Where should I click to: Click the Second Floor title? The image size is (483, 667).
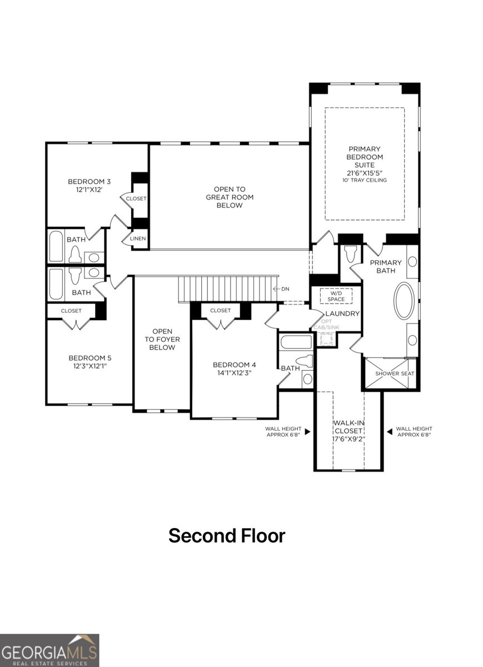tap(227, 536)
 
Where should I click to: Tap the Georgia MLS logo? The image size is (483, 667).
tap(49, 650)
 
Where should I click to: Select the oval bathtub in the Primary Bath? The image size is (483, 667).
tap(404, 301)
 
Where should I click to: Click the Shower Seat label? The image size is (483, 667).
tap(395, 374)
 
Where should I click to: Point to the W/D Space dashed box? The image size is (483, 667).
tap(336, 296)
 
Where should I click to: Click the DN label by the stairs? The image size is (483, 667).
tap(284, 288)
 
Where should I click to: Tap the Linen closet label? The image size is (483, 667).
tap(138, 238)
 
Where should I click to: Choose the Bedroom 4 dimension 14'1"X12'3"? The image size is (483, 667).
tap(234, 374)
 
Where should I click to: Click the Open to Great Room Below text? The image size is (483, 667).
tap(230, 197)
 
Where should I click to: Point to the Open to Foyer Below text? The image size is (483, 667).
tap(162, 339)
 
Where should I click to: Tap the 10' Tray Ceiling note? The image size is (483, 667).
tap(365, 180)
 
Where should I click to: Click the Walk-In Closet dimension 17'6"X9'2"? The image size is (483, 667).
tap(348, 439)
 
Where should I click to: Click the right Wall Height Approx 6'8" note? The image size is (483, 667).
tap(414, 431)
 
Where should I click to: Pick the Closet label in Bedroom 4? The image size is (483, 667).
tap(221, 310)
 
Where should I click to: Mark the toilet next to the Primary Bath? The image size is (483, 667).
tap(350, 254)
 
